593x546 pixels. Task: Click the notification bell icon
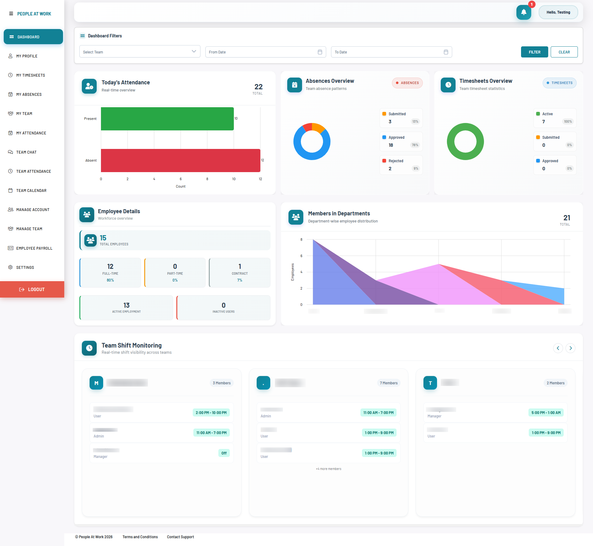coord(524,12)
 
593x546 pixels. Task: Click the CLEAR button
coord(564,52)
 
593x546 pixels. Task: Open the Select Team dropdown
coord(140,52)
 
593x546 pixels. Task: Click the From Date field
coord(266,52)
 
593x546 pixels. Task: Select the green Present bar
coord(167,119)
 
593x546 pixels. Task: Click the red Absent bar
coord(180,160)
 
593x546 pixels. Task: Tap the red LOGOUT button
coord(32,290)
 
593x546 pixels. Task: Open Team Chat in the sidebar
coord(27,152)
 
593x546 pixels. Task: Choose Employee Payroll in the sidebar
coord(34,248)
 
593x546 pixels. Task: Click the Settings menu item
coord(25,268)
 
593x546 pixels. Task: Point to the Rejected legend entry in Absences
coord(396,161)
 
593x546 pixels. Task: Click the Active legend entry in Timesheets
coord(547,114)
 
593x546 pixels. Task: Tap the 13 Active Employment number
coord(126,305)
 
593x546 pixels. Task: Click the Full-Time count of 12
coord(110,266)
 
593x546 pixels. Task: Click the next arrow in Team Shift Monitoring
coord(570,348)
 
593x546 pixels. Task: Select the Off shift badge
coord(224,453)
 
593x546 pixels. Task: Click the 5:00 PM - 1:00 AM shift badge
coord(546,413)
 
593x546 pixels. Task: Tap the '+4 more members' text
coord(328,469)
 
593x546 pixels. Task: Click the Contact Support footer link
coord(180,537)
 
